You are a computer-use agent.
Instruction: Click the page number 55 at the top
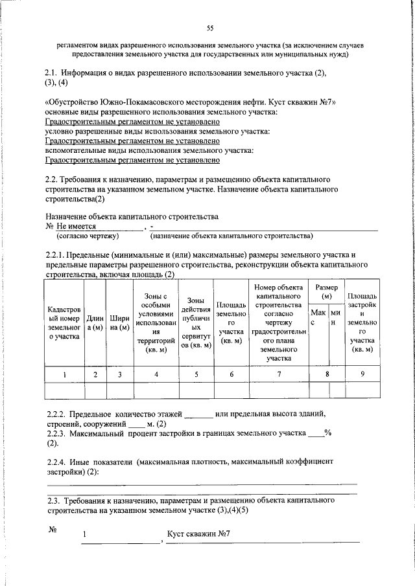(x=209, y=27)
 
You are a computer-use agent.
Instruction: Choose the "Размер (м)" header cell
(x=326, y=291)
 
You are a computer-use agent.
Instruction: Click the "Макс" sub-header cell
(x=318, y=317)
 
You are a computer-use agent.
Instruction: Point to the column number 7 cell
(x=279, y=374)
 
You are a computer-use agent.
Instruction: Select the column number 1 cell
(x=64, y=374)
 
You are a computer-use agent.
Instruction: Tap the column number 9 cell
(x=362, y=374)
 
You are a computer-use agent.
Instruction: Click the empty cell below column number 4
(x=156, y=390)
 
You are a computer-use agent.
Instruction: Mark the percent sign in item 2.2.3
(x=329, y=433)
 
